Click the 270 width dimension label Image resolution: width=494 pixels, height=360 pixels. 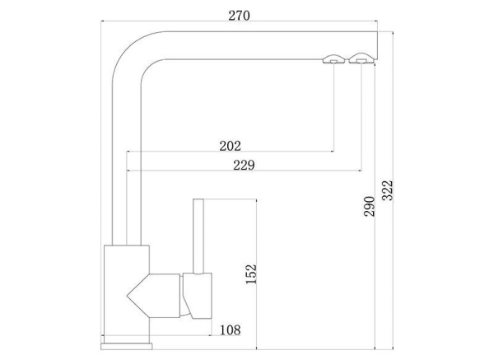tap(239, 16)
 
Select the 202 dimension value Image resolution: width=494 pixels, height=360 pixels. tap(230, 146)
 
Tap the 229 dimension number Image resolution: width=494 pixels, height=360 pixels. tap(244, 165)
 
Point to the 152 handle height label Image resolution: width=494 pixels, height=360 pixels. tap(251, 274)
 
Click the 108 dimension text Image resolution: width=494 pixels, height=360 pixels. tap(230, 330)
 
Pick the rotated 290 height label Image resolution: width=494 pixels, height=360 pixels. tap(369, 207)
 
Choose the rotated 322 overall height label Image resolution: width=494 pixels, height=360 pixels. tap(387, 190)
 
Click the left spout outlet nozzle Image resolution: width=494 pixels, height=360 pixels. tap(333, 59)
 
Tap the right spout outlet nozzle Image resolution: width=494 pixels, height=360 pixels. tap(361, 58)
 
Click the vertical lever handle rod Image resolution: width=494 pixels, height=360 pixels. tap(198, 236)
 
